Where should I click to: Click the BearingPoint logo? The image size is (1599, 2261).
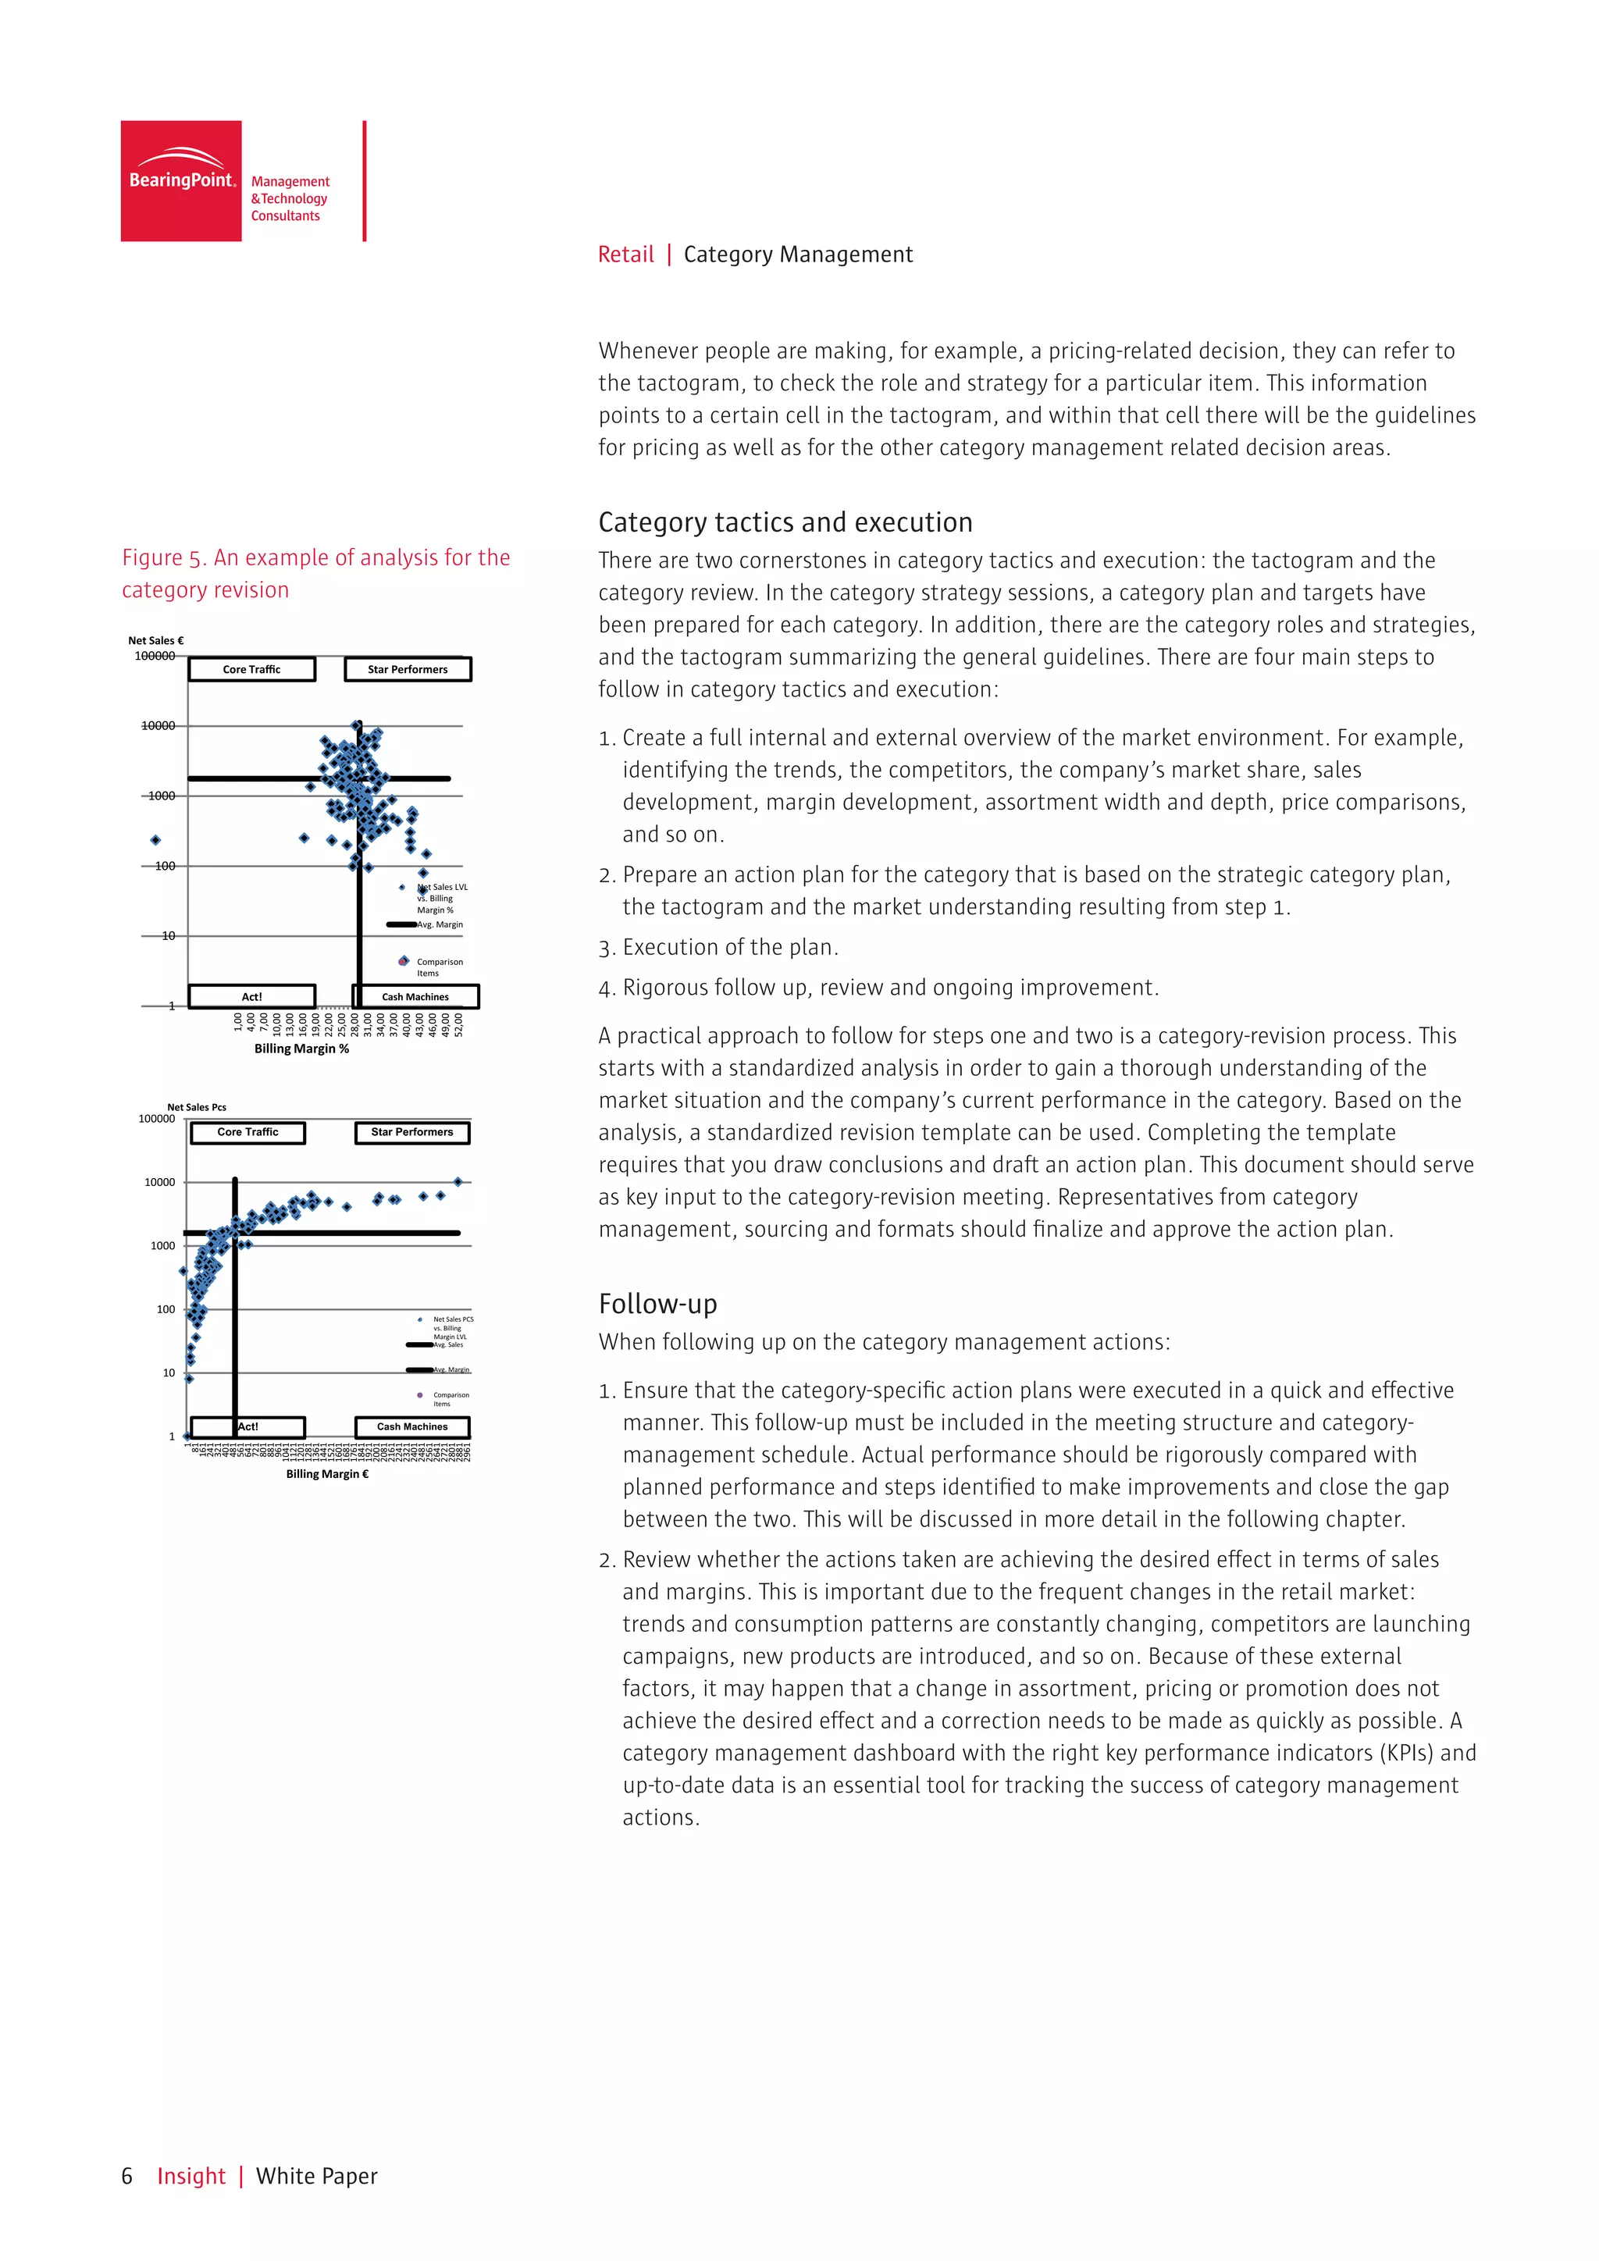coord(181,181)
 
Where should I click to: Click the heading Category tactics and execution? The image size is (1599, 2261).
coord(785,522)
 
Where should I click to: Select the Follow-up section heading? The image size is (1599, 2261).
coord(657,1304)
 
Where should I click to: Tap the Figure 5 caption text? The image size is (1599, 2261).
coord(315,573)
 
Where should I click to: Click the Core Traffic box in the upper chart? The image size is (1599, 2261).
coord(251,670)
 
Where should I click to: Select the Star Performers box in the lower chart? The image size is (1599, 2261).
coord(411,1133)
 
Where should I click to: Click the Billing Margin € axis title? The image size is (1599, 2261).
coord(327,1474)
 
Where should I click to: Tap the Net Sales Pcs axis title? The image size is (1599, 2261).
coord(196,1107)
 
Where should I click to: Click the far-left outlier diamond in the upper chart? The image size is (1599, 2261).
coord(155,840)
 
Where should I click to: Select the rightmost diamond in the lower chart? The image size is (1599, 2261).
coord(458,1182)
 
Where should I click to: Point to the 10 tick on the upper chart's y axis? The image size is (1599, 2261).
coord(169,935)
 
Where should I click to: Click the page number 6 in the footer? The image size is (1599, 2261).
coord(127,2177)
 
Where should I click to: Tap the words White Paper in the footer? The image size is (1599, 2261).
coord(316,2177)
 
